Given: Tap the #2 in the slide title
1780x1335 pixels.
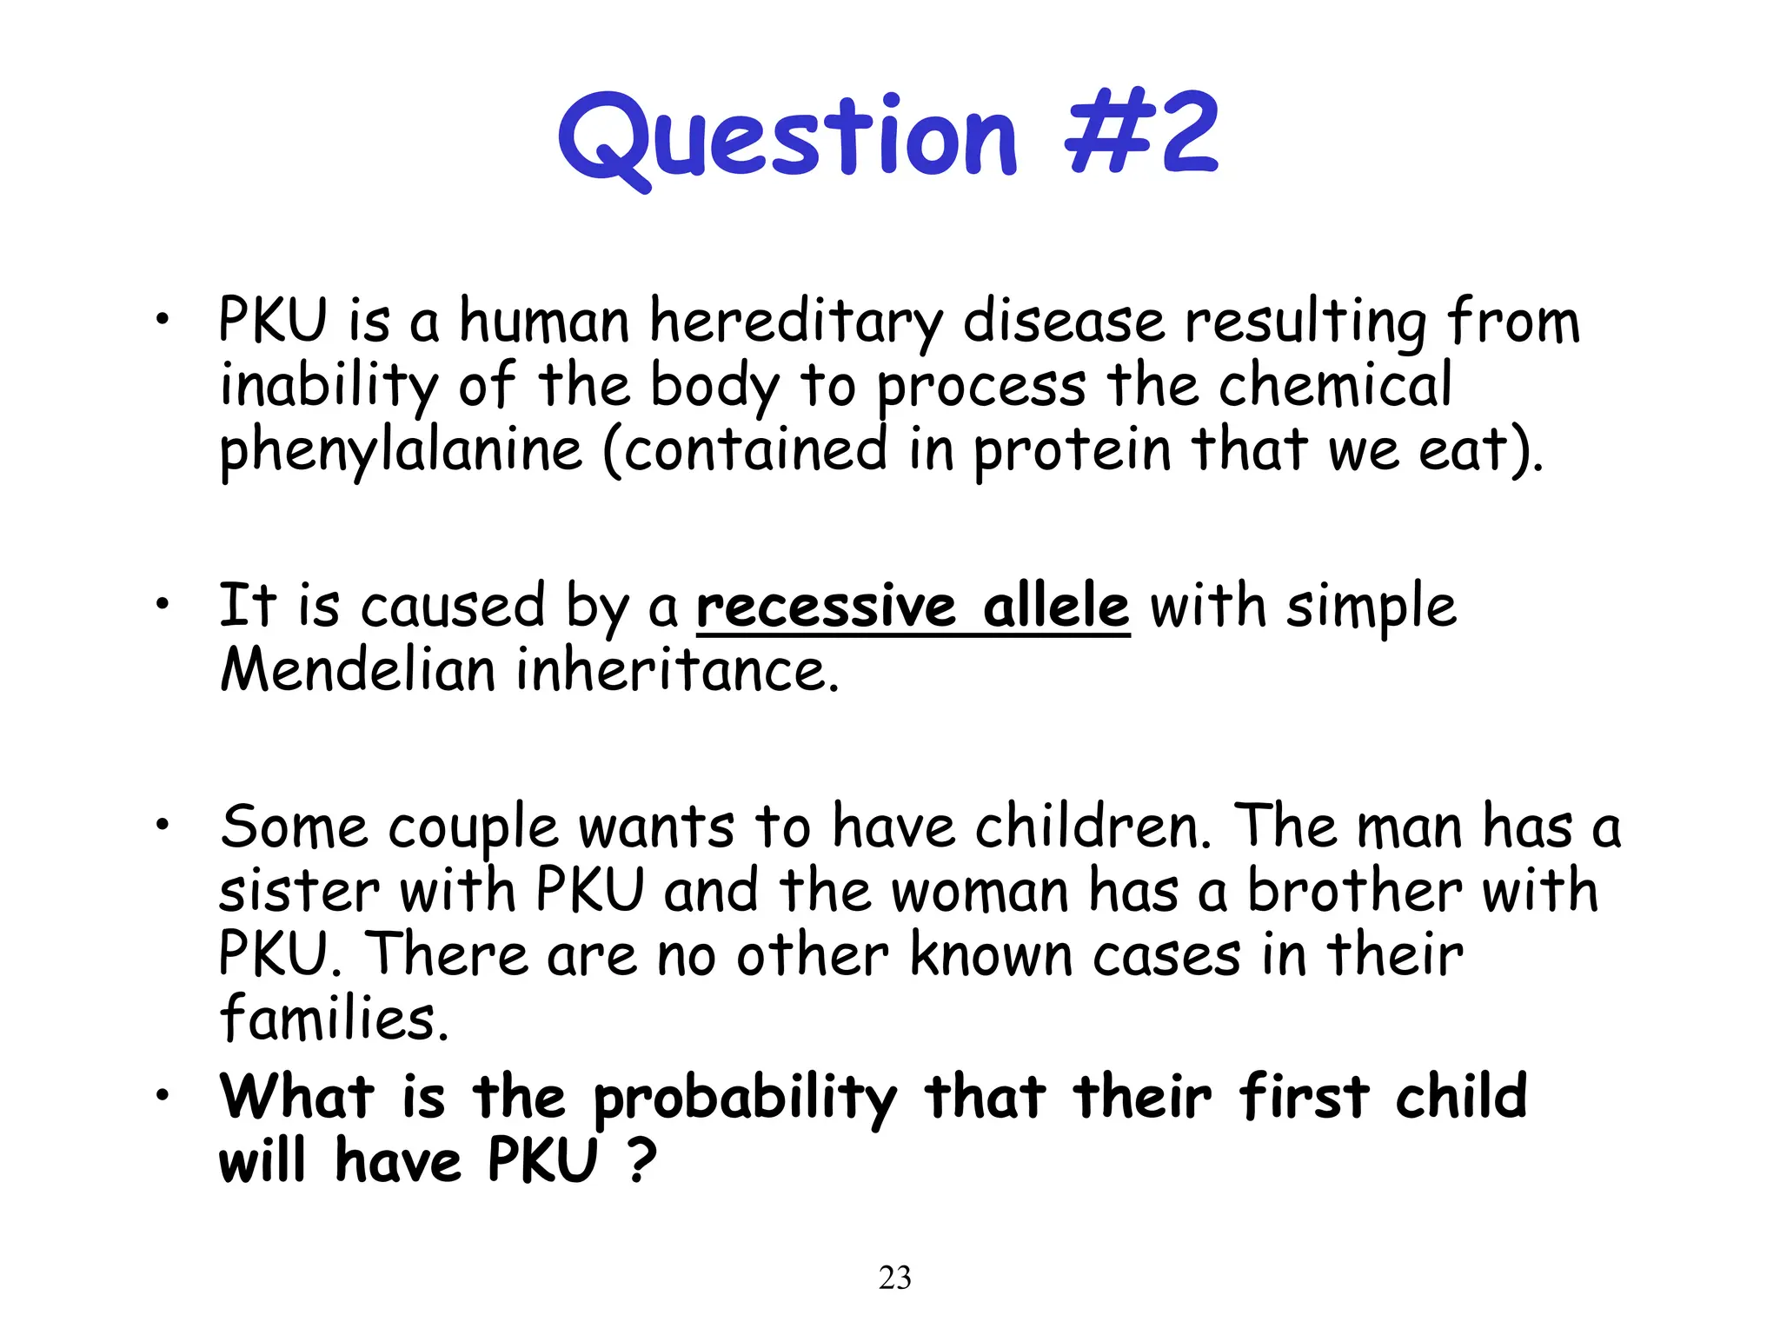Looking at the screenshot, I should (1141, 135).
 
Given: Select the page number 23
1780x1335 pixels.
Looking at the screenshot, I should (894, 1278).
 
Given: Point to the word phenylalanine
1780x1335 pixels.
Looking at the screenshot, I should (401, 452).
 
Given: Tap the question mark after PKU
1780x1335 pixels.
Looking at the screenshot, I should (641, 1160).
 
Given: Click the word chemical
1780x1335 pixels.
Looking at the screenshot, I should (1334, 386).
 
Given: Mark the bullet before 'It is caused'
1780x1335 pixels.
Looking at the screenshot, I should (161, 604).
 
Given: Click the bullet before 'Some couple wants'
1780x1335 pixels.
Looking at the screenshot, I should (161, 825).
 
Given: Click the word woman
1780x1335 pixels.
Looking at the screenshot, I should (980, 893).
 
